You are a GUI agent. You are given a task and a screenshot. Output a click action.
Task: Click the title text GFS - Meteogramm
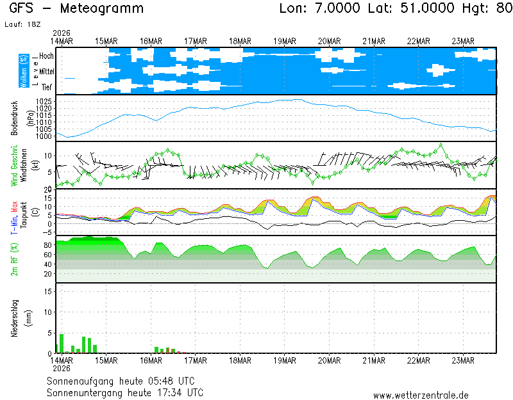pyautogui.click(x=76, y=8)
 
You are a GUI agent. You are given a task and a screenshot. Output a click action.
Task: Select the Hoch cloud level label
pyautogui.click(x=46, y=56)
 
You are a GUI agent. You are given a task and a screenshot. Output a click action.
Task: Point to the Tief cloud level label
pyautogui.click(x=47, y=87)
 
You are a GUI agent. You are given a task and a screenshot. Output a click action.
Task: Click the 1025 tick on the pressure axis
pyautogui.click(x=44, y=101)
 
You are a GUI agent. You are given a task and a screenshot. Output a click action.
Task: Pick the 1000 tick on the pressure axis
pyautogui.click(x=44, y=136)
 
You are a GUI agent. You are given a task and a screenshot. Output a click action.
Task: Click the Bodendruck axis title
pyautogui.click(x=14, y=117)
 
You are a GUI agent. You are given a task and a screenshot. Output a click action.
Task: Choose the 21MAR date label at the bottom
pyautogui.click(x=373, y=360)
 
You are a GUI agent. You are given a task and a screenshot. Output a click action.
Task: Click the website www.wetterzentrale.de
pyautogui.click(x=421, y=396)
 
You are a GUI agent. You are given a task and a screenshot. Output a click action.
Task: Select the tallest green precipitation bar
pyautogui.click(x=62, y=343)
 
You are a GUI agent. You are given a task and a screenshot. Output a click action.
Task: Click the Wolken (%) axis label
pyautogui.click(x=24, y=71)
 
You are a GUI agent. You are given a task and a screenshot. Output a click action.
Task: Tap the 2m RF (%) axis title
pyautogui.click(x=14, y=259)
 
